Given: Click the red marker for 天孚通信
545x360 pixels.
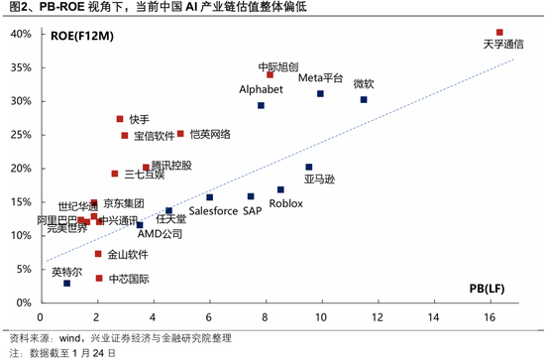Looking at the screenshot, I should [499, 33].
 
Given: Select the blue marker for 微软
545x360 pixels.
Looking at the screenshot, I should [364, 100].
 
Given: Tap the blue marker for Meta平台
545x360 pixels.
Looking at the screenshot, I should [320, 94].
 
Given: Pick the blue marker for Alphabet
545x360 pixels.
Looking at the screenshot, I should [261, 105].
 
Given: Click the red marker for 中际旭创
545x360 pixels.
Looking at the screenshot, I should [270, 74].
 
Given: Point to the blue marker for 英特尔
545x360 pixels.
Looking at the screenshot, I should [66, 284].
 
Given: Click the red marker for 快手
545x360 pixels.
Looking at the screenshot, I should [120, 119].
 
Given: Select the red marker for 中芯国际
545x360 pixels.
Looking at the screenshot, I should [99, 278].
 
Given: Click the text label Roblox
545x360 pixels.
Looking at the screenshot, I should [285, 203].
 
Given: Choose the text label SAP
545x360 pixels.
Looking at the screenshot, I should [253, 211].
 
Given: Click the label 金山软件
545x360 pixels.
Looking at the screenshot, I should [128, 255].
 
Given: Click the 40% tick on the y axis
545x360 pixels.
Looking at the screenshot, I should [20, 35].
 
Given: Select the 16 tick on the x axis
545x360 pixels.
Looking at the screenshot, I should [490, 315].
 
